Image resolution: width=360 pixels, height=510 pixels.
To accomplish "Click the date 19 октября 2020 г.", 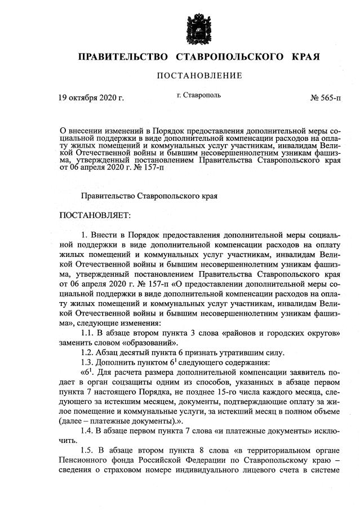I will pyautogui.click(x=91, y=97).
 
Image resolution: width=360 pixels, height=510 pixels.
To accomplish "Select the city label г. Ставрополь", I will pyautogui.click(x=198, y=95).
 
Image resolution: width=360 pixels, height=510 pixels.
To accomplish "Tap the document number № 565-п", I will pyautogui.click(x=326, y=97).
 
